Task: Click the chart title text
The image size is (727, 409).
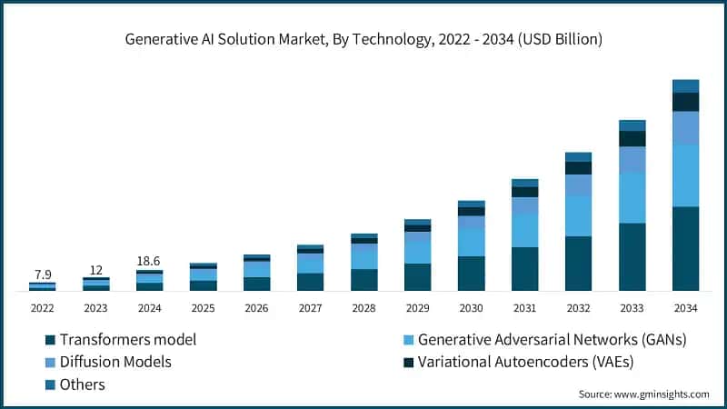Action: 363,39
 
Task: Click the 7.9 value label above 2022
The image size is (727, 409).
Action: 42,274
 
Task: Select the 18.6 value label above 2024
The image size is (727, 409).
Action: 149,260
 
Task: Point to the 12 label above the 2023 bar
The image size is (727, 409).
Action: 95,269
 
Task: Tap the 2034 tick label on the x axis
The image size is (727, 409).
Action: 685,308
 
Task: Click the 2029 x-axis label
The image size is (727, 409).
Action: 417,308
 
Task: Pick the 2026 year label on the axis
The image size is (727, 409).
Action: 256,308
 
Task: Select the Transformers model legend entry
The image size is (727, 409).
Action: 127,340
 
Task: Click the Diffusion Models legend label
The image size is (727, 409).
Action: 115,362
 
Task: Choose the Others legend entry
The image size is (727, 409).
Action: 82,384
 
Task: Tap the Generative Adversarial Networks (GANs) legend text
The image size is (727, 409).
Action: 552,340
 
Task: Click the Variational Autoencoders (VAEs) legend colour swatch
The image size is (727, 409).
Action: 408,362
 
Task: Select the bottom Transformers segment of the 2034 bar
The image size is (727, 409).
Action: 685,248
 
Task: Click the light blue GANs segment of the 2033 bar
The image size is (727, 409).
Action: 632,197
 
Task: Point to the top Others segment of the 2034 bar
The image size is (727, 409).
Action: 685,85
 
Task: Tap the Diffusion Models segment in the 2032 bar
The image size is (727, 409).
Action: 578,185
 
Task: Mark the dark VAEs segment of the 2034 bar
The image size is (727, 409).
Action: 685,102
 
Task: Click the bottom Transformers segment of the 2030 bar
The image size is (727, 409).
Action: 471,273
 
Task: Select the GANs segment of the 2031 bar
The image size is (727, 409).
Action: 524,231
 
